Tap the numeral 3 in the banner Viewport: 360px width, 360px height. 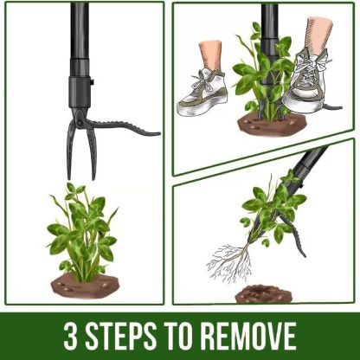click(68, 335)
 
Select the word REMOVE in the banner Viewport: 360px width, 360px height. click(248, 335)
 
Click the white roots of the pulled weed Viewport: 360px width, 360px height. click(229, 260)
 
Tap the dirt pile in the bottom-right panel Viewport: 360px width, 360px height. click(263, 293)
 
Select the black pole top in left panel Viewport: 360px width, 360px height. click(80, 26)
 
